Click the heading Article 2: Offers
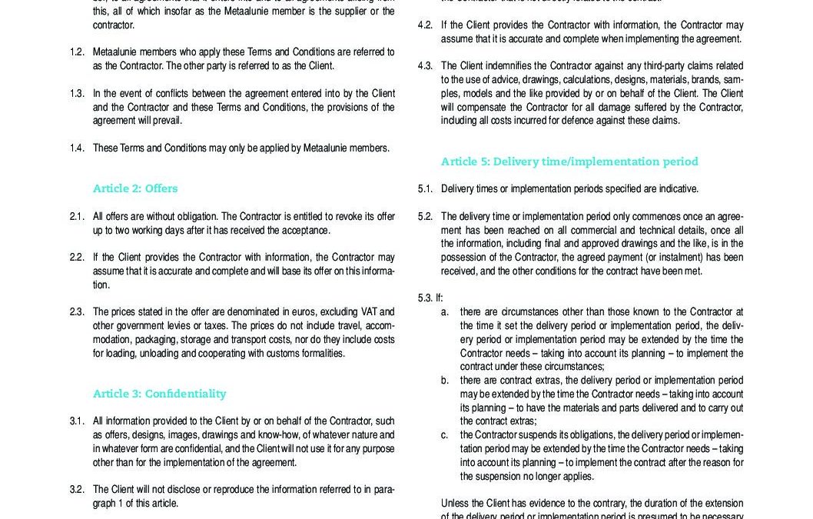(x=135, y=188)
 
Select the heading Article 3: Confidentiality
(x=159, y=394)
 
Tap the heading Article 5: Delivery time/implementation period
(x=569, y=161)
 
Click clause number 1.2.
(x=77, y=52)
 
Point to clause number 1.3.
(x=77, y=94)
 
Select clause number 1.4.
(x=77, y=148)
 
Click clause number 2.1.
(x=77, y=217)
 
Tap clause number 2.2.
(x=77, y=258)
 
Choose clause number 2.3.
(x=77, y=312)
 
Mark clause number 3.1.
(x=77, y=421)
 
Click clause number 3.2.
(x=77, y=490)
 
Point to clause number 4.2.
(x=425, y=25)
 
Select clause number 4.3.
(x=425, y=66)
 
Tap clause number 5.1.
(x=425, y=189)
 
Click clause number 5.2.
(x=425, y=217)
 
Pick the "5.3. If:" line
(x=430, y=298)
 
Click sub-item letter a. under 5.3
(x=445, y=312)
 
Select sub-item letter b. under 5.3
(x=445, y=381)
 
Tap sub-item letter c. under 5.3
(x=445, y=435)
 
